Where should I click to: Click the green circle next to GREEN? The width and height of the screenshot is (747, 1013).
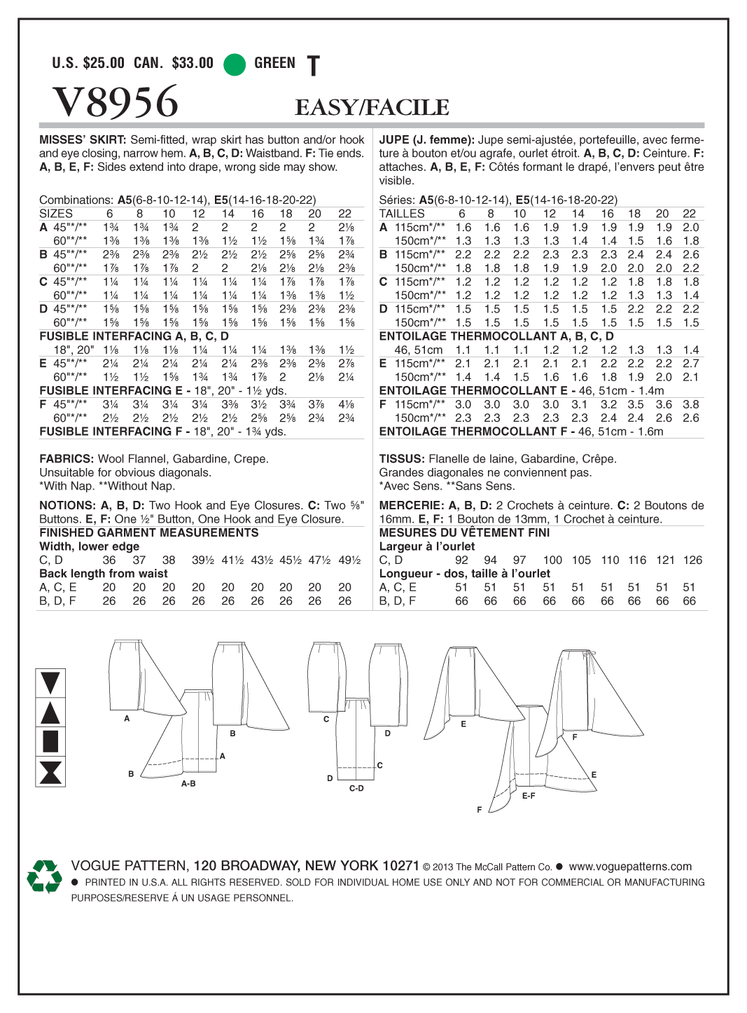click(235, 64)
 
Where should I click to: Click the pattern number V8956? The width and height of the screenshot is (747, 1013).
click(116, 102)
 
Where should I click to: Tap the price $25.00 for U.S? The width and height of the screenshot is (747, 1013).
click(104, 63)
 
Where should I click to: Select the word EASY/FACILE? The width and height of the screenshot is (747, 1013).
click(372, 107)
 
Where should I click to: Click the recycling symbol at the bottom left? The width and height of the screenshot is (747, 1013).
click(44, 876)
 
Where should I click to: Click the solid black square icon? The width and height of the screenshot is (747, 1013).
click(50, 741)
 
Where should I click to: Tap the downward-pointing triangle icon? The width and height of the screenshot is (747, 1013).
click(50, 682)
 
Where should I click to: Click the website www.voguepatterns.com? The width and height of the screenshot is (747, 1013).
click(630, 867)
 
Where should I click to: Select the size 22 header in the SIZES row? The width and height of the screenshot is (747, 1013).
click(344, 214)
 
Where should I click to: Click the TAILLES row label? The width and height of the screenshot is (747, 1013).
click(402, 214)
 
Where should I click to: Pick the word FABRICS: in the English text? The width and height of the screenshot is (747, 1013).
click(67, 459)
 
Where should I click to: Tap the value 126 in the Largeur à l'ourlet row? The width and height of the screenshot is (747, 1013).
click(692, 560)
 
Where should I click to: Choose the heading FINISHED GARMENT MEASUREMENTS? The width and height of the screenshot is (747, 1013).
click(148, 532)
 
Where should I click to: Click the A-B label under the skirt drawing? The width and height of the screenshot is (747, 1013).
click(188, 784)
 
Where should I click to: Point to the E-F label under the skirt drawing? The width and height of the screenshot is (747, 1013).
click(529, 796)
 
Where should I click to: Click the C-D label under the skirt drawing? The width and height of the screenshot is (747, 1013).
click(356, 789)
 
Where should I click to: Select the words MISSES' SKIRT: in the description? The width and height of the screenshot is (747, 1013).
click(83, 140)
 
